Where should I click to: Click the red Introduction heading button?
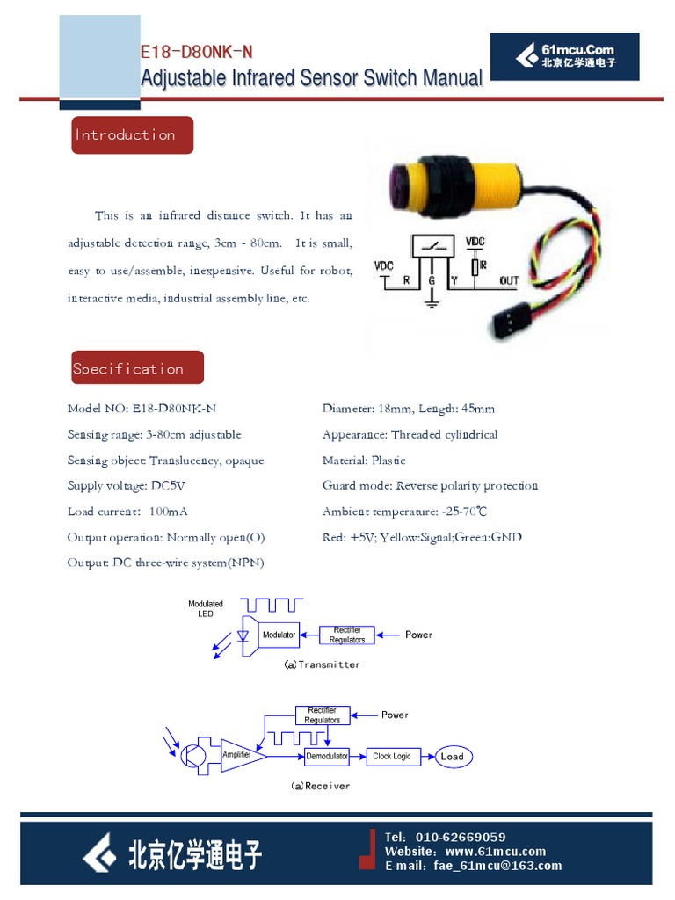point(132,135)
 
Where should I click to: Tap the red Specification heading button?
point(137,368)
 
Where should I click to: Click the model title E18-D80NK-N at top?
point(196,54)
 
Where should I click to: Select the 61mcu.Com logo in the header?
point(565,56)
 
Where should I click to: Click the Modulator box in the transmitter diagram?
point(279,635)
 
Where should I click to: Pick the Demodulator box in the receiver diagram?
point(326,756)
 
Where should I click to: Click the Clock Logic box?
point(391,756)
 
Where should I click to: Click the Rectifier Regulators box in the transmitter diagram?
point(347,635)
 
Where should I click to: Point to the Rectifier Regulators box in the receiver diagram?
point(322,715)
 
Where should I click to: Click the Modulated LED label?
point(206,608)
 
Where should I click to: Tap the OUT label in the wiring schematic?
point(509,281)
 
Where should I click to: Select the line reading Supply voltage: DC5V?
point(127,486)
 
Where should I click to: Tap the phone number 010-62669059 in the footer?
point(461,837)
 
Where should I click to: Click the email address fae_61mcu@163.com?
point(497,866)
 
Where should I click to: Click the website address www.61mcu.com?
point(496,851)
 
